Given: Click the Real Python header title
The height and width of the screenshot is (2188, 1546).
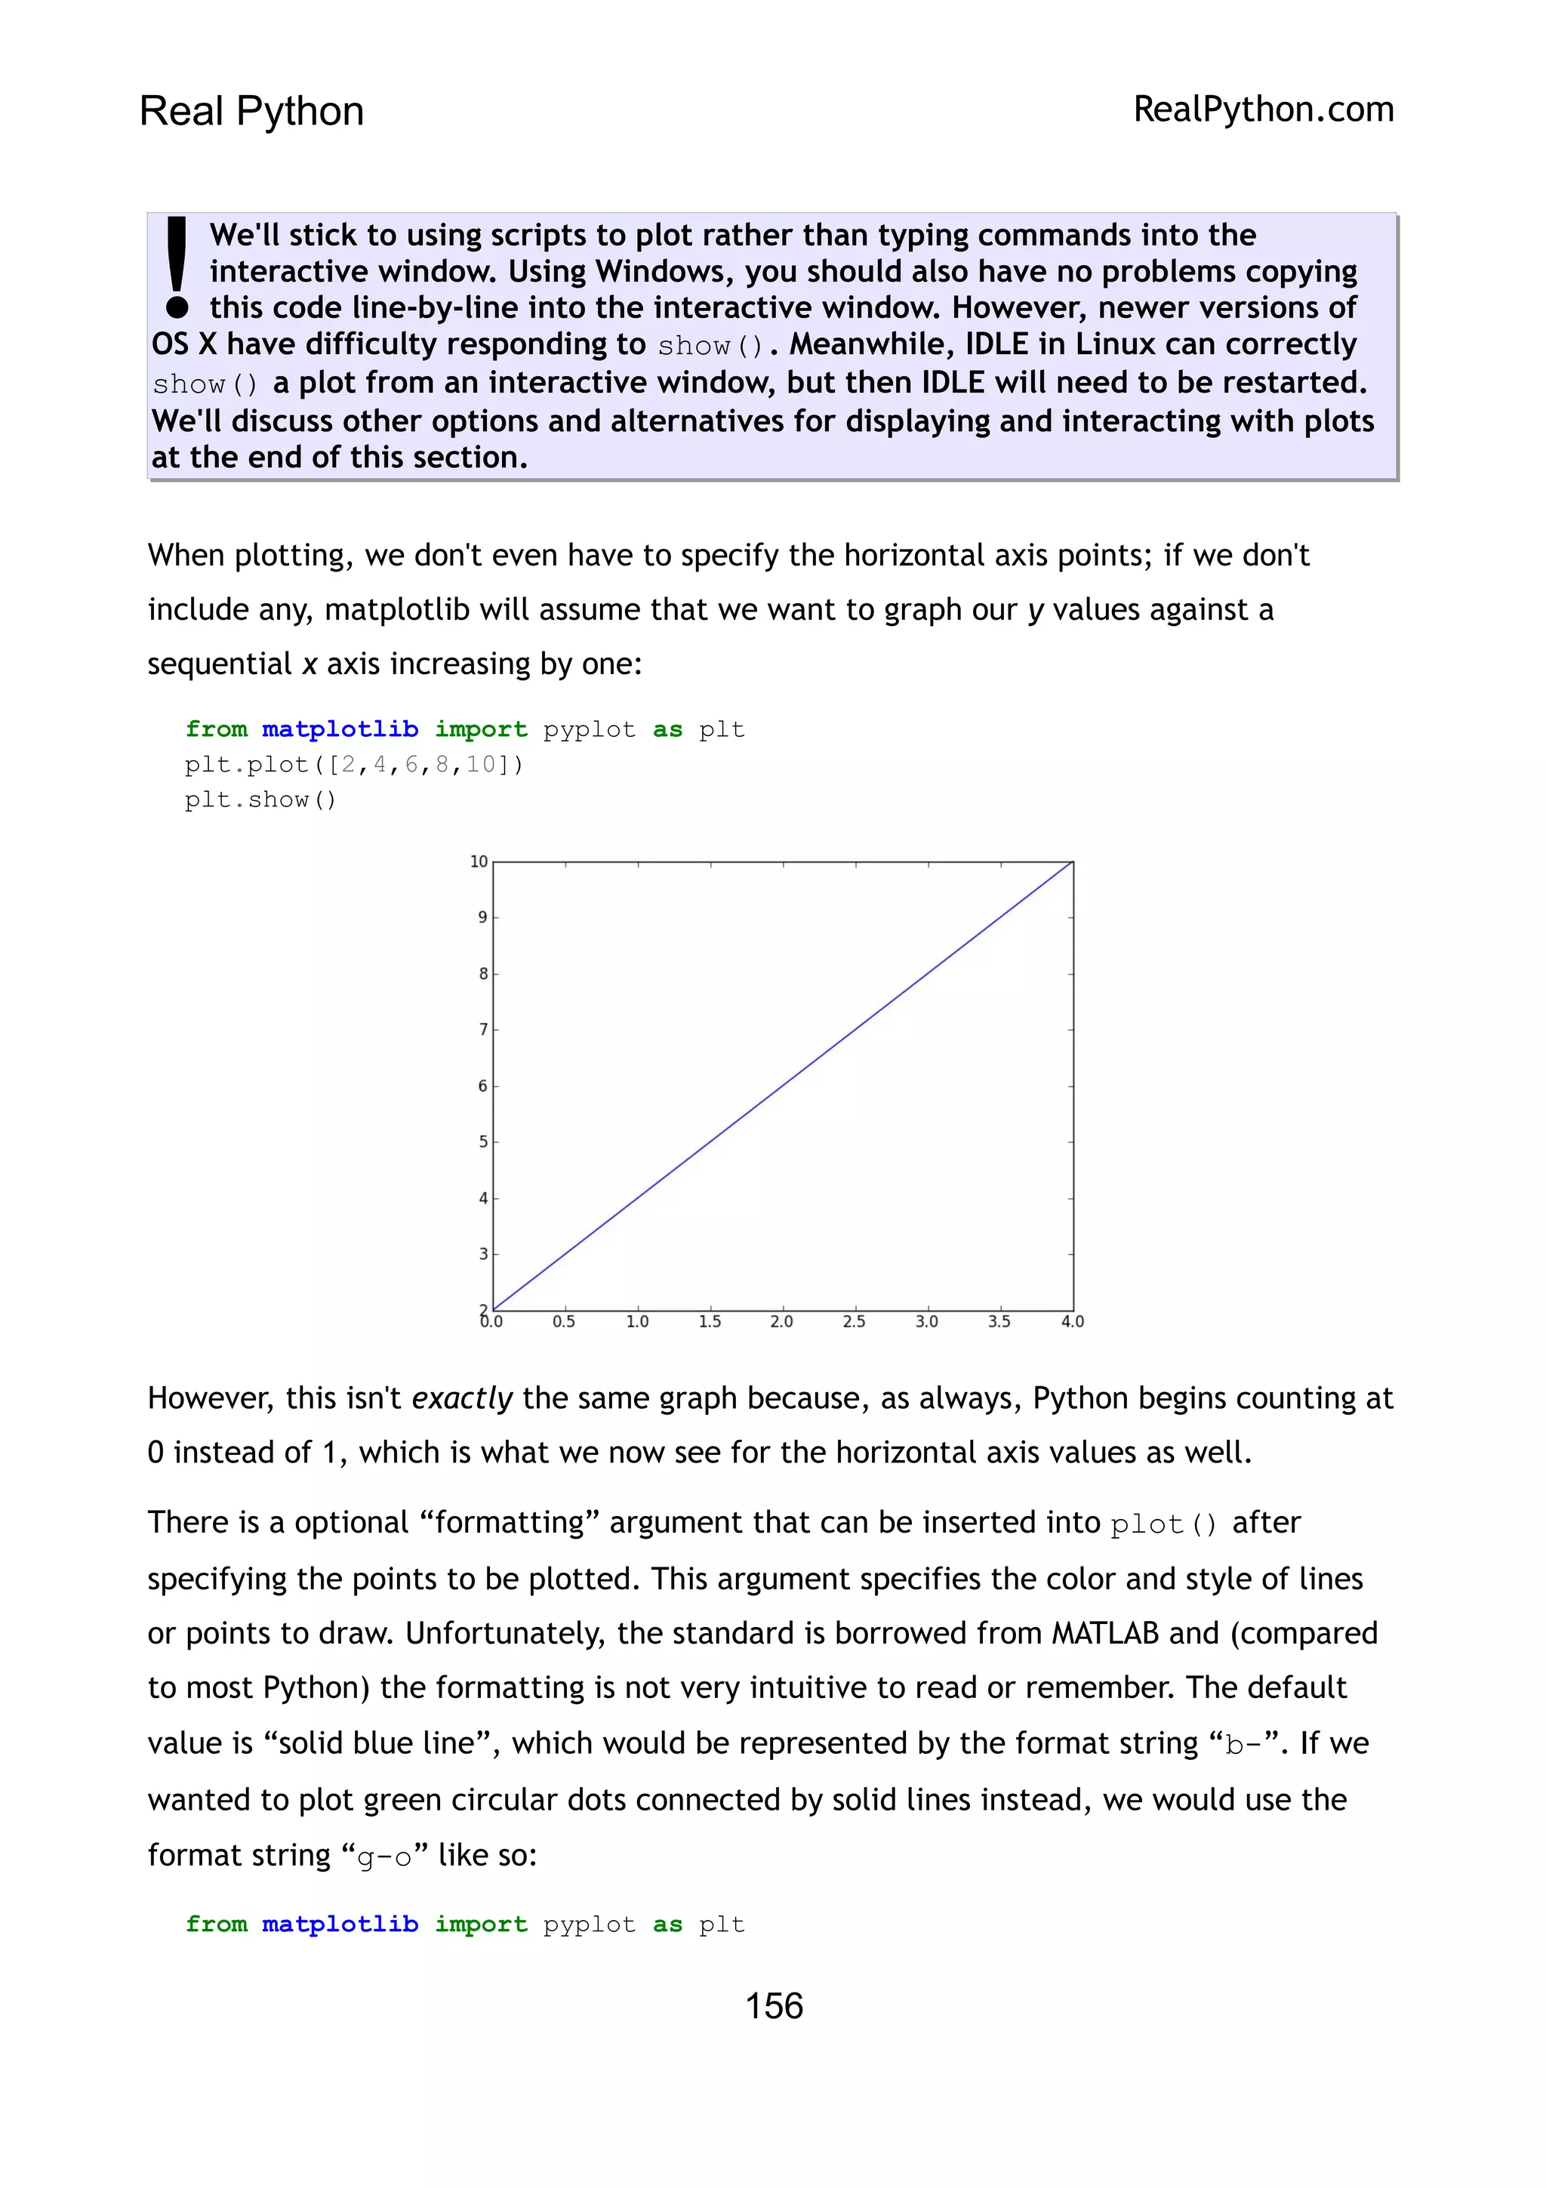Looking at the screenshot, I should tap(251, 112).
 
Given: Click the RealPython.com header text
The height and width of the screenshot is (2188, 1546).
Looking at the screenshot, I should tap(1263, 109).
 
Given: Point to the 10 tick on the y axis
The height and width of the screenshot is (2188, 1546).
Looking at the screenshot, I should tap(478, 861).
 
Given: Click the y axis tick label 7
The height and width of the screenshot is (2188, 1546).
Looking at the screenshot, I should tap(483, 1029).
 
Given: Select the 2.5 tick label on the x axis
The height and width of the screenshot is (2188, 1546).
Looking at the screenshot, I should tap(854, 1322).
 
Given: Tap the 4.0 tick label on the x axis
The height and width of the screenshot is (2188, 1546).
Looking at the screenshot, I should tap(1073, 1322).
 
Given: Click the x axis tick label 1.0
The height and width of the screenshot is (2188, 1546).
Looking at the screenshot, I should tap(637, 1322).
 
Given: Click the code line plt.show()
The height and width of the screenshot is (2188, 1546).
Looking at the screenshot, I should tap(260, 800).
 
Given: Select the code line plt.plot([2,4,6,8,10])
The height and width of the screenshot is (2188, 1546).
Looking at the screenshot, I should tap(353, 764).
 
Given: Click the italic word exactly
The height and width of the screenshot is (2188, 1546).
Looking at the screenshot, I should tap(462, 1398).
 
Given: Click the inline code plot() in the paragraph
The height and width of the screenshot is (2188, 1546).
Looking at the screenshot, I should tap(1163, 1525).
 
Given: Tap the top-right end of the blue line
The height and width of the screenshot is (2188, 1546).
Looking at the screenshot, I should tap(1073, 862).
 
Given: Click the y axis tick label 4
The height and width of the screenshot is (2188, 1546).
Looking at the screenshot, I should tap(483, 1198).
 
